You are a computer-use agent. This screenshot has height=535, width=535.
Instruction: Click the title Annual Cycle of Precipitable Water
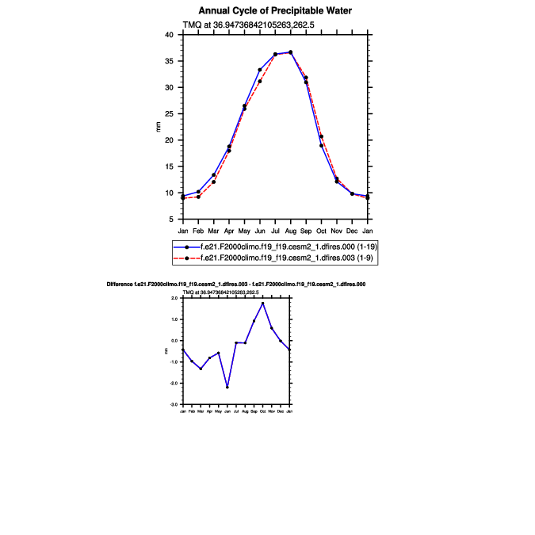pos(275,11)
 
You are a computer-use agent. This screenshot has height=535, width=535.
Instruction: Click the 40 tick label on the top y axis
pos(169,35)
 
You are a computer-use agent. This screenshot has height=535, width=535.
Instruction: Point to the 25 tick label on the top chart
pos(169,114)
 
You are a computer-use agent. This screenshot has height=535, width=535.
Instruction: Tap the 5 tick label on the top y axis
pos(171,220)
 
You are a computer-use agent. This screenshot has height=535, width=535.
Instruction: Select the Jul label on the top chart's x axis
pos(275,231)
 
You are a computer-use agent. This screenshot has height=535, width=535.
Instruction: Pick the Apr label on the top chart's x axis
pos(229,231)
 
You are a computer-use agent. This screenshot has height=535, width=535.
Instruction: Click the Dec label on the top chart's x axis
pos(352,231)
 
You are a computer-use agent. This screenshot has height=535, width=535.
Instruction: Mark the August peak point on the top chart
pos(291,52)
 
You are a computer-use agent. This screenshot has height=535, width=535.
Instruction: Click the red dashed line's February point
pos(198,197)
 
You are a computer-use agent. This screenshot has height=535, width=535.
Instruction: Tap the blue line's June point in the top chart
pos(260,70)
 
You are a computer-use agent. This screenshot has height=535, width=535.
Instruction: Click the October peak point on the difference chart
pos(262,304)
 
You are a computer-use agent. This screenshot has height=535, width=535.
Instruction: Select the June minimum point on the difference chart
pos(227,388)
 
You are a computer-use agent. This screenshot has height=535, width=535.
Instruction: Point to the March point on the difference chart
pos(201,369)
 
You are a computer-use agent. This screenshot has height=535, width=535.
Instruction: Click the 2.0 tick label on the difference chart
pos(174,299)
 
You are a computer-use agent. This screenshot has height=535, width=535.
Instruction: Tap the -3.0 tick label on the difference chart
pos(173,404)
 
